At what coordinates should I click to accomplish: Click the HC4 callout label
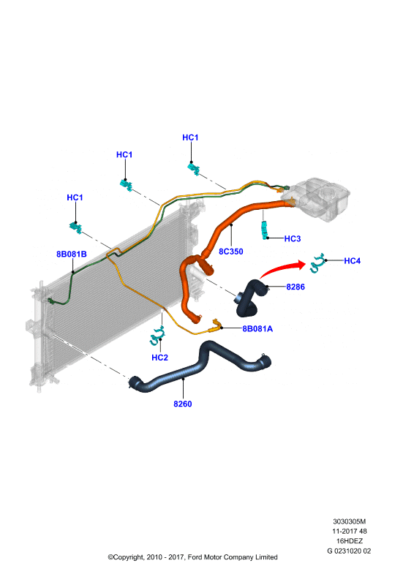point(352,261)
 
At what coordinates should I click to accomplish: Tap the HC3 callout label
point(293,238)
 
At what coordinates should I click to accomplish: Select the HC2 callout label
point(159,358)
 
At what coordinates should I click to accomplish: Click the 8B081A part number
point(257,328)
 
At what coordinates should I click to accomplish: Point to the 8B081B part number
point(71,254)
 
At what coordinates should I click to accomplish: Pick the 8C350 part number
point(230,252)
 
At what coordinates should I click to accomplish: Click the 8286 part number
point(296,287)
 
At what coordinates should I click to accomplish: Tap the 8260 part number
point(183,404)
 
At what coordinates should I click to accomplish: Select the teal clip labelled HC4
point(317,263)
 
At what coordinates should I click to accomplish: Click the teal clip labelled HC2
point(157,336)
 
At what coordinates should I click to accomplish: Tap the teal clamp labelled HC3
point(265,230)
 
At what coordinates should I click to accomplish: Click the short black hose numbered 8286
point(249,300)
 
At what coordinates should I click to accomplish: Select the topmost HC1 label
point(190,137)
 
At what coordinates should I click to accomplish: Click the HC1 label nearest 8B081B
point(75,197)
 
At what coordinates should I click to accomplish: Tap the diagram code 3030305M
point(350,521)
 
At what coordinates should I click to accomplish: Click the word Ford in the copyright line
point(195,557)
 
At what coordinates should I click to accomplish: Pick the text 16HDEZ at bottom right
point(350,540)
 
